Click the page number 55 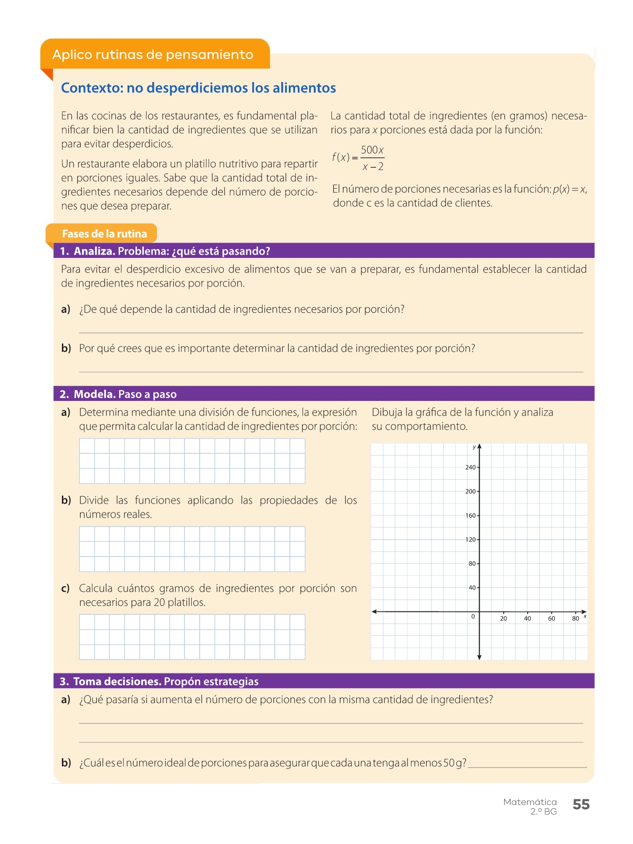(x=581, y=805)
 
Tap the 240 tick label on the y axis (x=470, y=467)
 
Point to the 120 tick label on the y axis (x=470, y=540)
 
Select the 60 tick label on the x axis (x=551, y=619)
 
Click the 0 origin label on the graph (x=473, y=617)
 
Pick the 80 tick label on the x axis (x=575, y=619)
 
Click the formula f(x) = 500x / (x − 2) (x=358, y=158)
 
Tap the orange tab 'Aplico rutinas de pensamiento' (x=153, y=55)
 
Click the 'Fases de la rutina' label (x=104, y=234)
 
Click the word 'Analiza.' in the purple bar (x=94, y=251)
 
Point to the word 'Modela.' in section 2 (x=95, y=394)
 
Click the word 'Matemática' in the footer (x=530, y=802)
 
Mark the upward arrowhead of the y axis (x=479, y=446)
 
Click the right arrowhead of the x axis (x=584, y=612)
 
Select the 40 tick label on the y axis (x=472, y=588)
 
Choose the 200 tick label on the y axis (x=470, y=491)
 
